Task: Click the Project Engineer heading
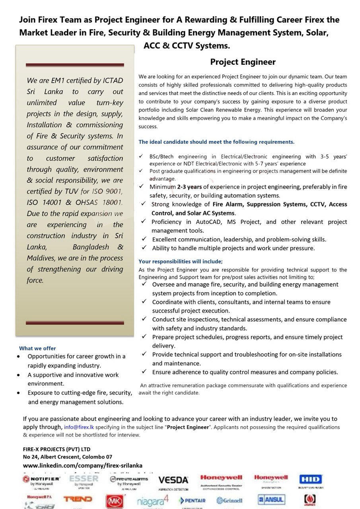pyautogui.click(x=243, y=62)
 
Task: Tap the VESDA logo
pyautogui.click(x=173, y=480)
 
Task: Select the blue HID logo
pyautogui.click(x=310, y=480)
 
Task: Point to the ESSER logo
pyautogui.click(x=84, y=479)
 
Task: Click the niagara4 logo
pyautogui.click(x=153, y=501)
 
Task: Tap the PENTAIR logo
pyautogui.click(x=193, y=501)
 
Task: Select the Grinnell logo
pyautogui.click(x=230, y=501)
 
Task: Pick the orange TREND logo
pyautogui.click(x=78, y=499)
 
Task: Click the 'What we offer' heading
pyautogui.click(x=37, y=348)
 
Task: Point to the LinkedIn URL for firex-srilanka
pyautogui.click(x=82, y=465)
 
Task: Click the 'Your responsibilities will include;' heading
pyautogui.click(x=181, y=262)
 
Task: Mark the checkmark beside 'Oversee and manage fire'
pyautogui.click(x=145, y=284)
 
